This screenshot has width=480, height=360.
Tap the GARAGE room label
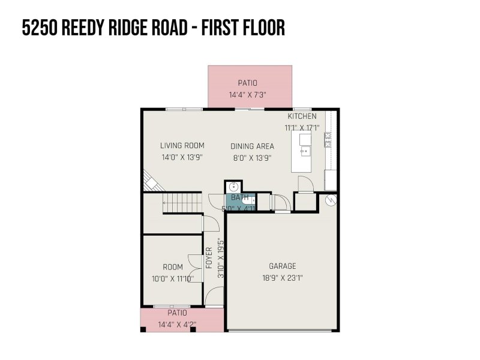pos(282,266)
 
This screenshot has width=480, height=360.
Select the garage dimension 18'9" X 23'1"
pos(282,278)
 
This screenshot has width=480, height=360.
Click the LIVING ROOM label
pos(182,145)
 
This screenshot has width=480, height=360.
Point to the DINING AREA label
pos(253,146)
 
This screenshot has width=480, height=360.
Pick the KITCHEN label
pos(302,116)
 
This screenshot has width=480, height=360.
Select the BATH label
pos(240,197)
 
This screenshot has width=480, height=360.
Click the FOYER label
pos(209,257)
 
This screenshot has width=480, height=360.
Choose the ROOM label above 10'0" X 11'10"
pos(173,267)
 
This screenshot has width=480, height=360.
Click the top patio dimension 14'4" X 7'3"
pos(247,95)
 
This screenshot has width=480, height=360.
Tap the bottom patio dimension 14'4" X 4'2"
pos(177,325)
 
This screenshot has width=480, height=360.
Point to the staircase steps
pos(181,203)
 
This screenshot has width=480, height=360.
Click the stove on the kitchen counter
pos(328,140)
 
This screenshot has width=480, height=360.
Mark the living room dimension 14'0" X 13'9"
pos(182,157)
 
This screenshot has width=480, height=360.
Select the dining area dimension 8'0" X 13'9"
pos(253,158)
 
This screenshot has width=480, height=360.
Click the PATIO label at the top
pos(247,83)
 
